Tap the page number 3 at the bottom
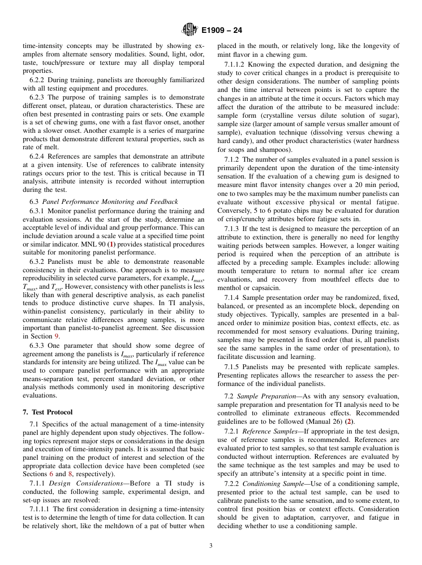tap(211, 545)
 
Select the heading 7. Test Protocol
tap(48, 412)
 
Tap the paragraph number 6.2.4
tap(37, 156)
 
